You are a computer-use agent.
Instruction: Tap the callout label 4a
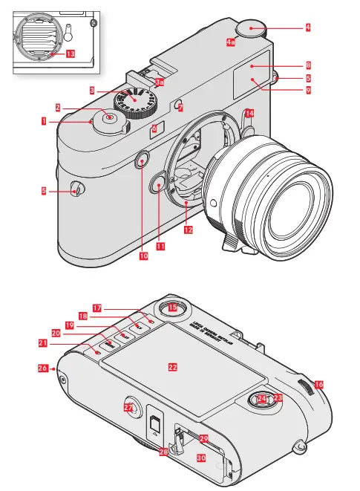pyautogui.click(x=231, y=42)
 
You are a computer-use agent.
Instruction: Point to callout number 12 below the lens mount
pyautogui.click(x=188, y=230)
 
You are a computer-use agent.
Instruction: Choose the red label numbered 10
pyautogui.click(x=143, y=256)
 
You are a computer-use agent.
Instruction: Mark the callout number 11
pyautogui.click(x=160, y=246)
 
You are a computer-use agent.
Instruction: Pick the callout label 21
pyautogui.click(x=44, y=343)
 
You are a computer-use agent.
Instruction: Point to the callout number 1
pyautogui.click(x=45, y=120)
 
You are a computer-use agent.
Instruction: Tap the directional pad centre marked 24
pyautogui.click(x=261, y=400)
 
